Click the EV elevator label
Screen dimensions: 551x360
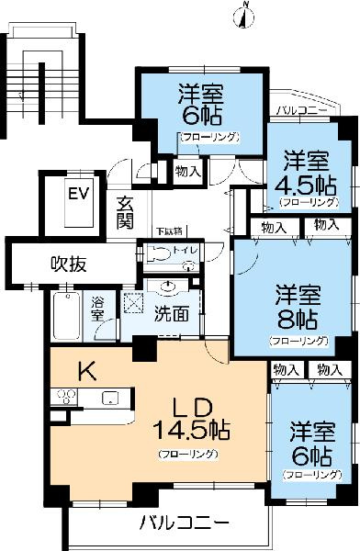(x=79, y=194)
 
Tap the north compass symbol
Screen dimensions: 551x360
(x=245, y=13)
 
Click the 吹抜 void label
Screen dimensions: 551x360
(x=69, y=264)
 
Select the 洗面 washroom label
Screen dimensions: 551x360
(x=172, y=314)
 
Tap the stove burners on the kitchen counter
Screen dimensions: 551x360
(x=66, y=398)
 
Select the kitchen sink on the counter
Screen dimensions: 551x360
(x=109, y=398)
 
